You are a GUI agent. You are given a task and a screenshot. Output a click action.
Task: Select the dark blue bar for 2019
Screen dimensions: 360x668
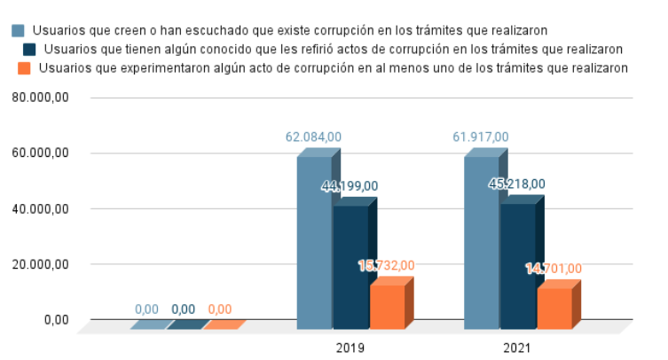pos(350,266)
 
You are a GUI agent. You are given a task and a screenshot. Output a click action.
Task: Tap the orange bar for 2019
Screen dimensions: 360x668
pos(387,307)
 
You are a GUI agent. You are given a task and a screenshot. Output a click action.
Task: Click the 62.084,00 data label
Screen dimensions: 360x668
pos(313,137)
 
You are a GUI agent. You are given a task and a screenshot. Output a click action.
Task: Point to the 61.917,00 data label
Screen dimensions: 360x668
pos(480,137)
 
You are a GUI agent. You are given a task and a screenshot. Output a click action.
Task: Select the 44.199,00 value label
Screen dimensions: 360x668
pos(350,186)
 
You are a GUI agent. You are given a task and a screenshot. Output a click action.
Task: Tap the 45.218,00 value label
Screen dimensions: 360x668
pos(517,184)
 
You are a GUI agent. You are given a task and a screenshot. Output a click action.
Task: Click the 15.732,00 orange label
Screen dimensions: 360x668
pos(386,265)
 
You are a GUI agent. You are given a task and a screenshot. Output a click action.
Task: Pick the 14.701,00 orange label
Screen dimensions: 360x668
pos(554,269)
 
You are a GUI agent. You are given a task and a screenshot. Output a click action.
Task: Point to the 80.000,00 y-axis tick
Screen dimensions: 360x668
pos(40,98)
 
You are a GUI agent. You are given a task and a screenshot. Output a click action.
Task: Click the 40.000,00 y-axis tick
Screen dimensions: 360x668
pos(40,208)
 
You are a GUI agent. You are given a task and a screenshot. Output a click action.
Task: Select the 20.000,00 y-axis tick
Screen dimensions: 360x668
pos(40,264)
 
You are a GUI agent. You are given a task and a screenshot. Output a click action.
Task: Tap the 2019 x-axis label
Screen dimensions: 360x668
pos(350,348)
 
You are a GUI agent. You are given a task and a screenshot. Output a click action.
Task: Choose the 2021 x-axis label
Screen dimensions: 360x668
pos(517,348)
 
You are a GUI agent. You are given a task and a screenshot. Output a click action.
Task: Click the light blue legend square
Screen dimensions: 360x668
pos(19,31)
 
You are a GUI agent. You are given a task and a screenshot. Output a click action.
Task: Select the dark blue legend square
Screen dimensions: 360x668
pos(31,50)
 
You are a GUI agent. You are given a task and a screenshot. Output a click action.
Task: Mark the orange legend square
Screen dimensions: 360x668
pos(24,68)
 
